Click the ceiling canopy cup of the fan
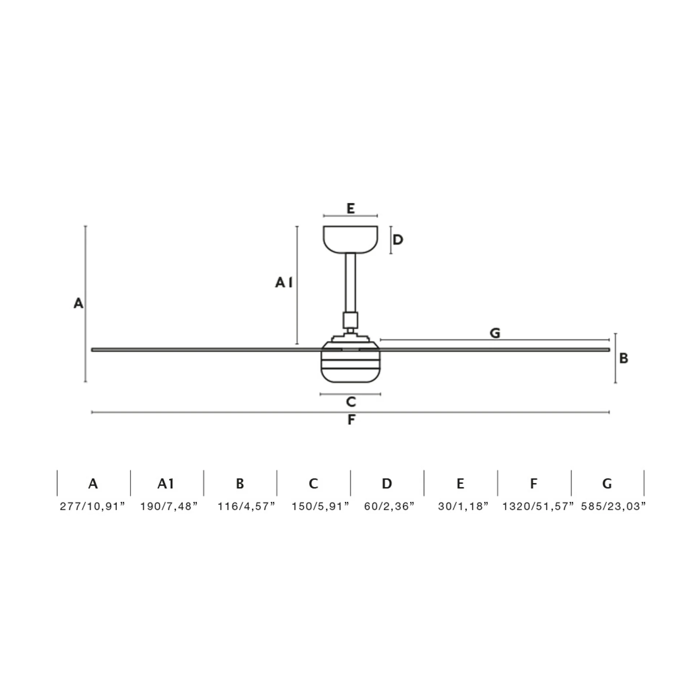click(350, 239)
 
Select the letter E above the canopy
click(350, 209)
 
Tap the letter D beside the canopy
click(398, 240)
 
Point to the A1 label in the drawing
click(284, 282)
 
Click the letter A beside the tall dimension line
click(78, 303)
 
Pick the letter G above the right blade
click(495, 333)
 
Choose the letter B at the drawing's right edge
click(624, 358)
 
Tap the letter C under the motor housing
click(351, 402)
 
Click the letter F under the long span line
click(351, 420)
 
